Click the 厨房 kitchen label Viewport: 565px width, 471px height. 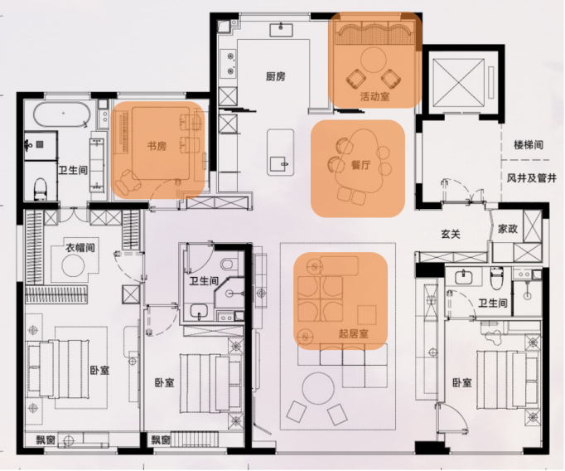click(x=276, y=76)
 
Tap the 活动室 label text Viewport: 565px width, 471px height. click(x=374, y=97)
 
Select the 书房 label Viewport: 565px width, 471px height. click(x=157, y=147)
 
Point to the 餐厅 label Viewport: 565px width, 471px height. click(x=360, y=165)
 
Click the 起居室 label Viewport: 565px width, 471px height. click(x=354, y=333)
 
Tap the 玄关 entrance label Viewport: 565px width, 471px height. click(x=451, y=234)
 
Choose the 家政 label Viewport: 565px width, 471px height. click(x=508, y=229)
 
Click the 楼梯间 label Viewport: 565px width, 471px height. click(x=529, y=145)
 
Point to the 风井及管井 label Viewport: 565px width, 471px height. click(x=532, y=177)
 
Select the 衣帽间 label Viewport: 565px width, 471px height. click(x=80, y=248)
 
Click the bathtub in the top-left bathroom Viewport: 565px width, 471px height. click(x=62, y=114)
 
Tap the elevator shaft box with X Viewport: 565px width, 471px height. click(x=459, y=83)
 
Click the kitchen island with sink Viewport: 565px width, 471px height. click(x=280, y=153)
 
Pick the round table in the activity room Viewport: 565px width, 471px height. click(x=374, y=61)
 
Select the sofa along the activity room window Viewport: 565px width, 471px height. click(x=374, y=33)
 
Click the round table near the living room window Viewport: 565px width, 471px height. click(x=318, y=389)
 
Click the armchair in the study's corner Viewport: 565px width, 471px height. click(x=127, y=182)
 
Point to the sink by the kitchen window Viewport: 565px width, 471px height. click(x=281, y=29)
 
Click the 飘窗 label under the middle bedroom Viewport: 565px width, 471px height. click(x=161, y=439)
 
